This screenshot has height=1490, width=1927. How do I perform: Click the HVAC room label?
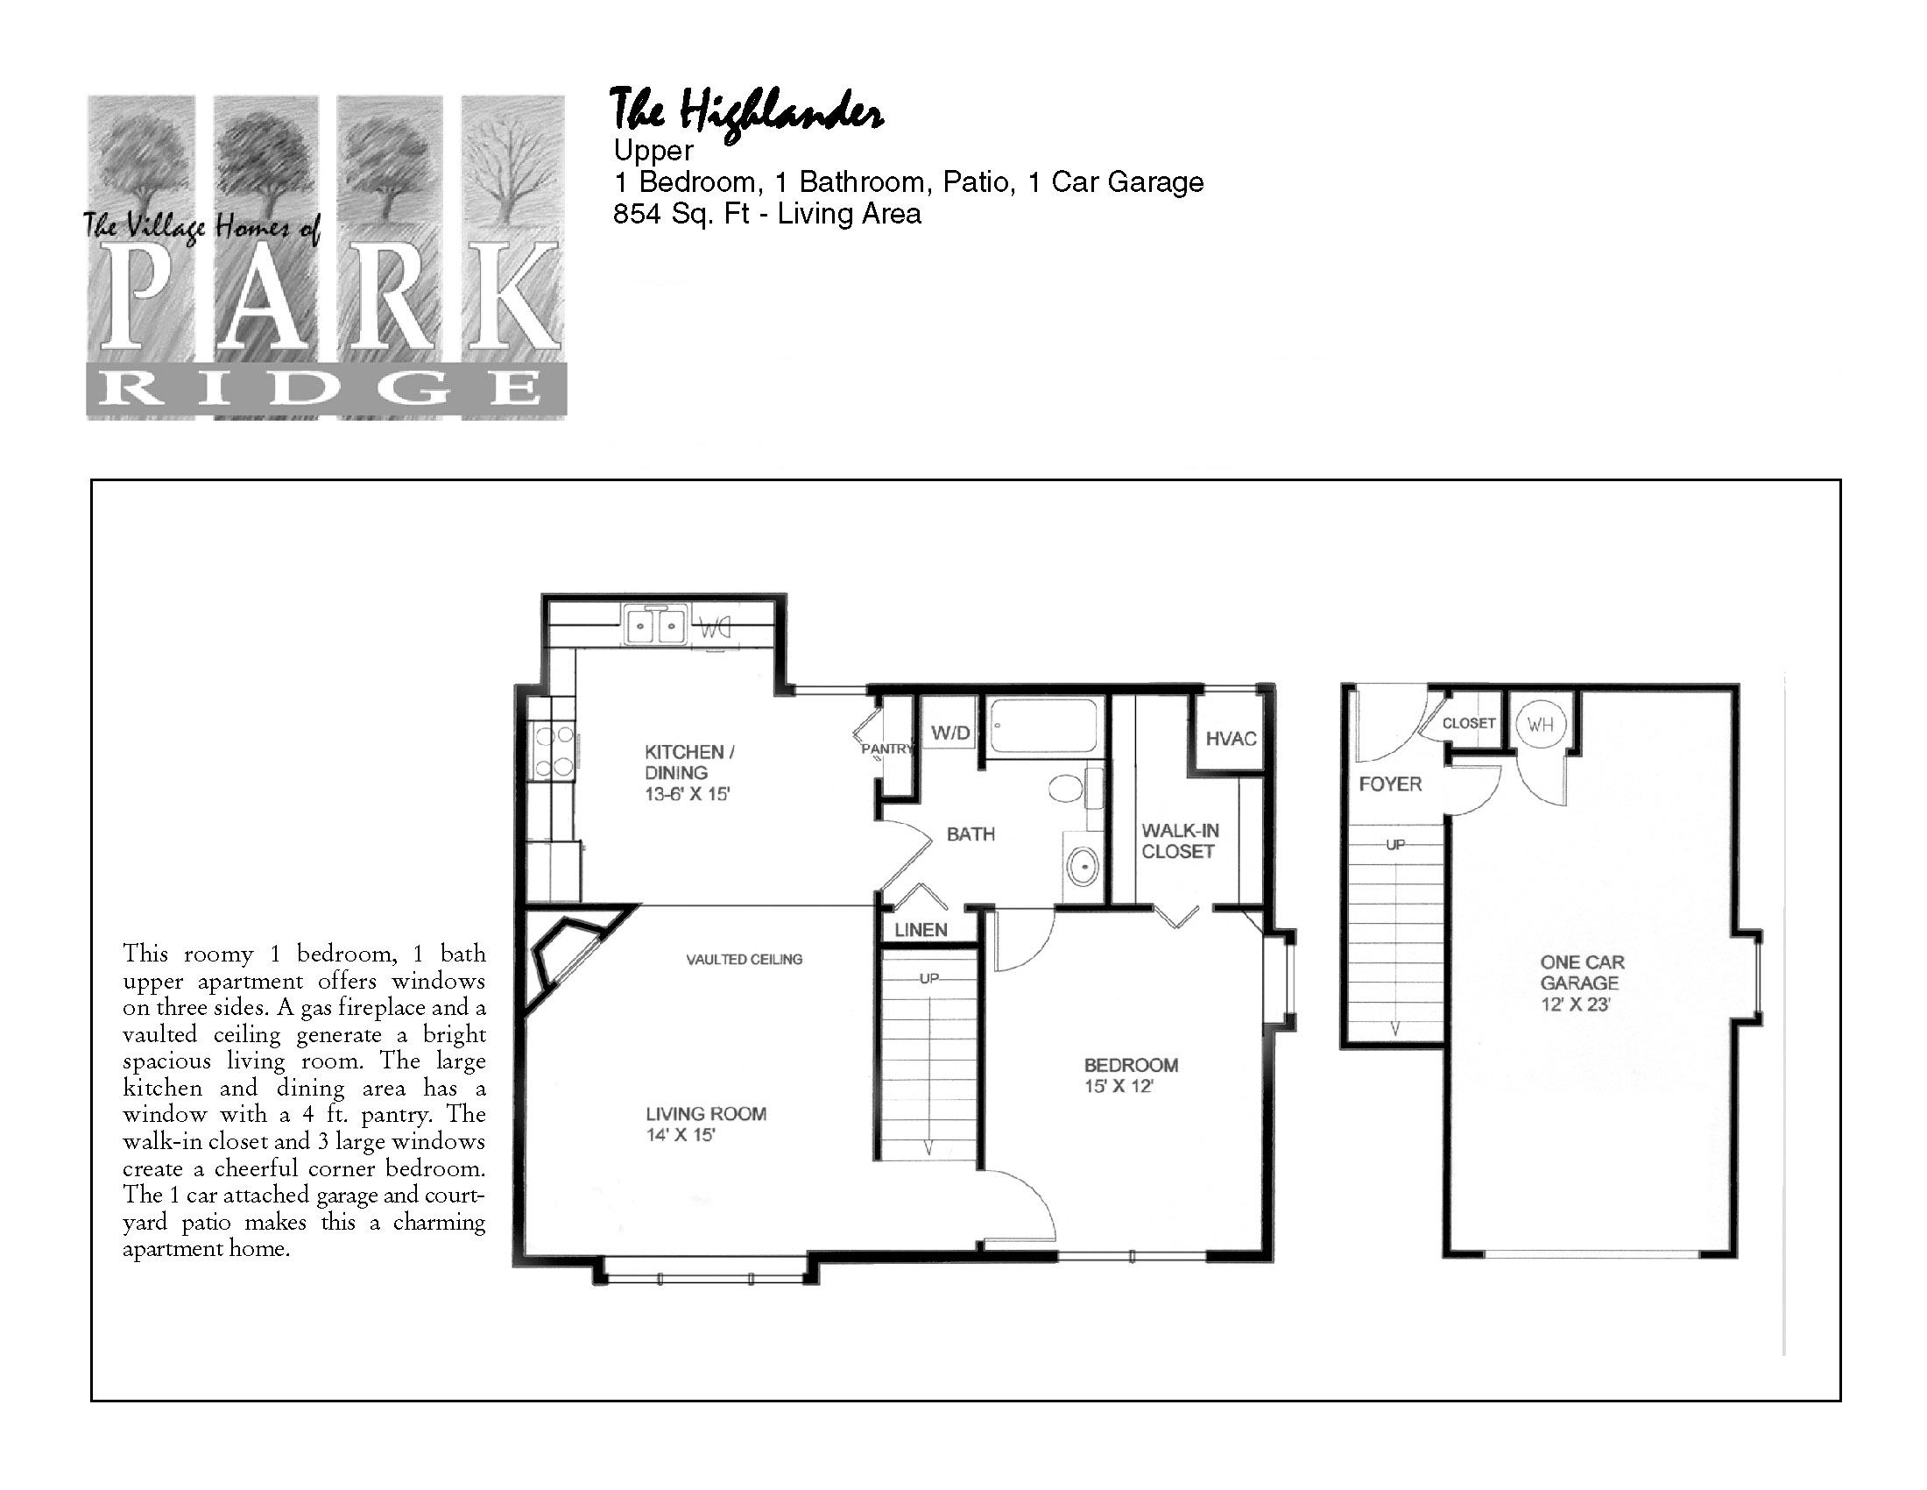tap(1231, 738)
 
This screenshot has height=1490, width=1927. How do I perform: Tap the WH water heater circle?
tap(1540, 726)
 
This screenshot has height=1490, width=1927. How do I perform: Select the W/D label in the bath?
tap(950, 733)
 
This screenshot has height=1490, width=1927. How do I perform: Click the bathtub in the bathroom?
tap(1043, 727)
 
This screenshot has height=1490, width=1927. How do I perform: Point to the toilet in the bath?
tap(1072, 787)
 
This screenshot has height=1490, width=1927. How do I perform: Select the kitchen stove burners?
tap(553, 750)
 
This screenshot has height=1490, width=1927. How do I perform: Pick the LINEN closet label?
tap(921, 929)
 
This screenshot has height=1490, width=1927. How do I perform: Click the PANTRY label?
tap(886, 749)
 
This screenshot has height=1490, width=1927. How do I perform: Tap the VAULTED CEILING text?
tap(744, 959)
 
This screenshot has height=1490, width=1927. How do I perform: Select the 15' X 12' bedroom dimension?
tap(1119, 1087)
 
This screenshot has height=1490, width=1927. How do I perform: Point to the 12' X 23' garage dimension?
tap(1576, 1004)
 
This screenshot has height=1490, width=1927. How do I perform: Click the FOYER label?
tap(1390, 784)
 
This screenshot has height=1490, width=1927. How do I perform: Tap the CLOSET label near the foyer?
tap(1469, 723)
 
